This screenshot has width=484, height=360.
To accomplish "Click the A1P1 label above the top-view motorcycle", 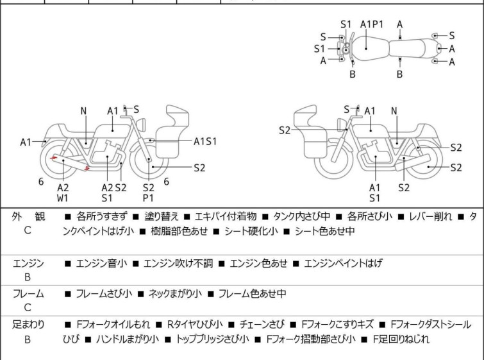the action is (x=372, y=24).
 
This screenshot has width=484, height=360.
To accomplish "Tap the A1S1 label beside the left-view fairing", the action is (x=205, y=142).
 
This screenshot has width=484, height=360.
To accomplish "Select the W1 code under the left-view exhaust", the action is (x=63, y=198).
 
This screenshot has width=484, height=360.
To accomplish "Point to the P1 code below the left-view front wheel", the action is (x=148, y=198).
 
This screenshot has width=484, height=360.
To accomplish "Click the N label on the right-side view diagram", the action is (x=394, y=111).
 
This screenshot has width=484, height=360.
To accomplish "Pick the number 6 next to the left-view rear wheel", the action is (x=41, y=182).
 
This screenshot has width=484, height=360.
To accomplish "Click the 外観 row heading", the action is (x=28, y=216).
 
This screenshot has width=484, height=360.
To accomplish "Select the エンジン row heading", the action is (x=28, y=264).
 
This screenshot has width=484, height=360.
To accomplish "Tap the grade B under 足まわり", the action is (x=28, y=339).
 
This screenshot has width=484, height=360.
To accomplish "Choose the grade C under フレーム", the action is (x=28, y=307).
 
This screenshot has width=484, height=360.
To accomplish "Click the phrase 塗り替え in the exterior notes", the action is (x=162, y=216).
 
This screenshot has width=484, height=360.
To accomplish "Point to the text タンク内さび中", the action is (x=301, y=216).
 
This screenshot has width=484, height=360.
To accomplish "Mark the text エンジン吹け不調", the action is (x=178, y=263).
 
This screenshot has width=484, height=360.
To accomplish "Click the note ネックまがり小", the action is (x=175, y=293).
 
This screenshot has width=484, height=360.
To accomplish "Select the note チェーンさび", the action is (x=262, y=325).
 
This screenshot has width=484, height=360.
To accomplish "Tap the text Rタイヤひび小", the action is (x=195, y=325).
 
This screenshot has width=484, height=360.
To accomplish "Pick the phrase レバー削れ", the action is (x=430, y=216).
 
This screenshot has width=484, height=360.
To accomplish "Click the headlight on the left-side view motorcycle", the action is (x=141, y=125).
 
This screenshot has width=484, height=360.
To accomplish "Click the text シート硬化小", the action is (x=251, y=231).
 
